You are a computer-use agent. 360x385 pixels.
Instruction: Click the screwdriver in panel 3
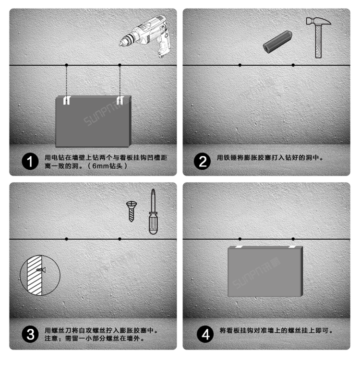pos(153,211)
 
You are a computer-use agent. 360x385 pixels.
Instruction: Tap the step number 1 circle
pos(30,161)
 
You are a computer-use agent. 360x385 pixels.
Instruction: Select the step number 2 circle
pos(202,161)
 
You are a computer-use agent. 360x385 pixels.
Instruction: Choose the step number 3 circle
pos(30,334)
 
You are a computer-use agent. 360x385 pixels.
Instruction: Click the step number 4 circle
pos(205,334)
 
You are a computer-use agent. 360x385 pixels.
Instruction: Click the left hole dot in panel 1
pos(67,65)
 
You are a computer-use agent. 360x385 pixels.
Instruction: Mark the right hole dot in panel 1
pos(120,65)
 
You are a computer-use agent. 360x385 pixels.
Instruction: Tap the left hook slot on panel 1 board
pos(67,100)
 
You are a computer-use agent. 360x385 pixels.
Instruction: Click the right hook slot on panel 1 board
pos(120,100)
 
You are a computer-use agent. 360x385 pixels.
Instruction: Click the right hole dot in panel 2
pos(293,65)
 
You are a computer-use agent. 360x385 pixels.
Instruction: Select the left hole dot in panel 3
pos(67,238)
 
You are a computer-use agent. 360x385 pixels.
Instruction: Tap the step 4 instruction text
pos(276,330)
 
